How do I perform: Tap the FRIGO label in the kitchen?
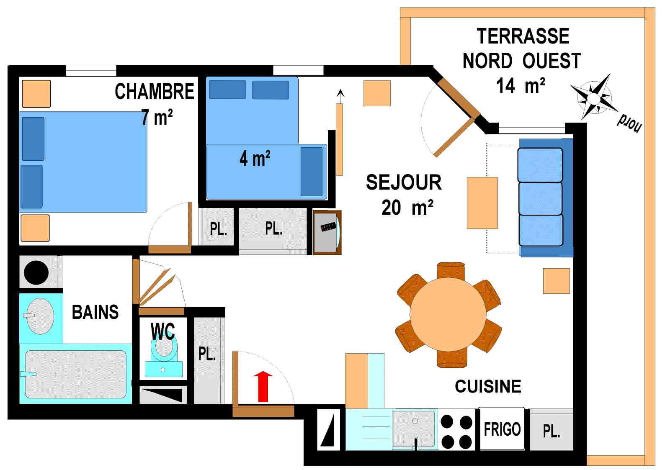pos(502,429)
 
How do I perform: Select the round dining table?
pos(448,314)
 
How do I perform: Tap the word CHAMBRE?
pos(155,92)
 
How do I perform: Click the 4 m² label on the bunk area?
pos(255,159)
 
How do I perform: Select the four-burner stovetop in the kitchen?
pos(456,431)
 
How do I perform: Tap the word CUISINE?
pos(488,386)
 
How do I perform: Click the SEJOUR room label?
pos(404,182)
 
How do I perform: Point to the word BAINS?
pos(95,312)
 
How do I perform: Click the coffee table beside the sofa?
pos(482,203)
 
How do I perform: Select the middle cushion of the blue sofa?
pos(540,198)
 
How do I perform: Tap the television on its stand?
pos(327,232)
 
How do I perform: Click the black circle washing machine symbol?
pos(36,272)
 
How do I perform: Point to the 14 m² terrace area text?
pos(521,86)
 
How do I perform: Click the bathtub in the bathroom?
pos(75,374)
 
